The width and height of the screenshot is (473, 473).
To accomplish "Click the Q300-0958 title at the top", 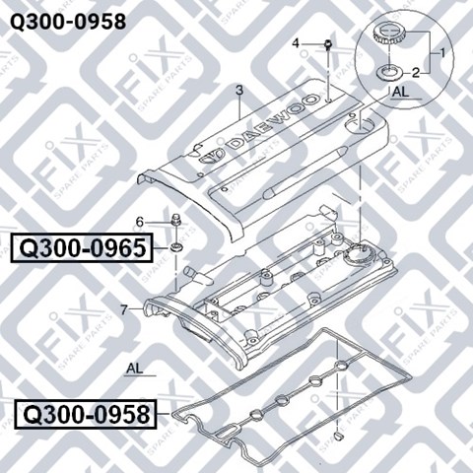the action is point(68,23).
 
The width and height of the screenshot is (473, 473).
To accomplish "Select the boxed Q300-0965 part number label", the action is point(82,248).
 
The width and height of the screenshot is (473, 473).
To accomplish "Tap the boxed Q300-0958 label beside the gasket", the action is point(86,415).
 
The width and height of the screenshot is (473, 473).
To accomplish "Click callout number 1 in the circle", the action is point(442,52).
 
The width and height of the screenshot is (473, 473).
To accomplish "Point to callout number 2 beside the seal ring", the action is point(416,73).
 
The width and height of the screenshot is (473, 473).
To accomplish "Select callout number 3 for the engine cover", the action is point(239,90).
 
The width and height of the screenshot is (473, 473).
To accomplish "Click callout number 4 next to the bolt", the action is point(296,43).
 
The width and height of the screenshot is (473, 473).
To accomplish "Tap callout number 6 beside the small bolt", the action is point(140,223).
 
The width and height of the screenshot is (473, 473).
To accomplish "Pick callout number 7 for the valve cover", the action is point(123,309).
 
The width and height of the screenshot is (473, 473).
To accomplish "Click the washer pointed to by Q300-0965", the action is point(177,246).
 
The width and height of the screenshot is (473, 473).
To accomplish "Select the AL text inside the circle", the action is point(401,92).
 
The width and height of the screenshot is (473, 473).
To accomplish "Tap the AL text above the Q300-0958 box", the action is point(135,369).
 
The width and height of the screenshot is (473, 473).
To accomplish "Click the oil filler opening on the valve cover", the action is point(359,254).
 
